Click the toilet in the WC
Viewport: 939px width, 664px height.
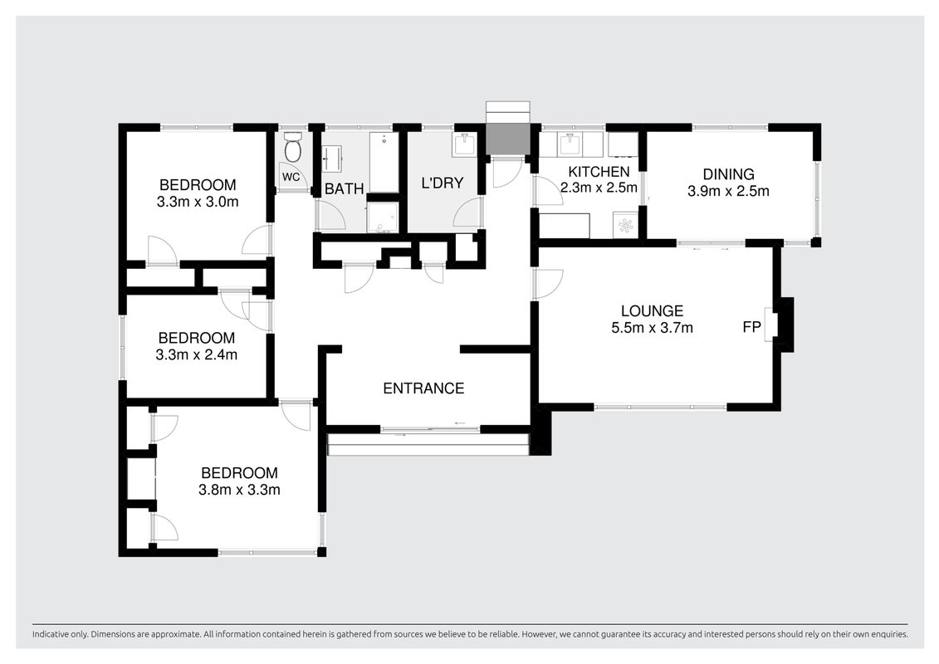tap(293, 147)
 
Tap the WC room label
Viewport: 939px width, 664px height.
tap(291, 178)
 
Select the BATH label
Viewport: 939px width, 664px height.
tap(345, 189)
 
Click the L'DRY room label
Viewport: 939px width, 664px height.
tap(443, 183)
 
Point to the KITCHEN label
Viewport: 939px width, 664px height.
tap(599, 173)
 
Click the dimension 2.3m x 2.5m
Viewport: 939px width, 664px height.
tap(599, 188)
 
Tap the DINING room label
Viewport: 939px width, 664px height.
tap(728, 174)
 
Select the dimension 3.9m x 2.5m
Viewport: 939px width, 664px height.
tap(728, 192)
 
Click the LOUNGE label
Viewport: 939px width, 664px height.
tap(652, 310)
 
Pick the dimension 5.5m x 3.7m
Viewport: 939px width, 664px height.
tap(652, 328)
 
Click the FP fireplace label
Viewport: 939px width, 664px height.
tap(751, 327)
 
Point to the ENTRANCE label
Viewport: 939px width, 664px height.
tap(424, 388)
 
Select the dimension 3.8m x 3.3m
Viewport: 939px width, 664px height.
tap(240, 490)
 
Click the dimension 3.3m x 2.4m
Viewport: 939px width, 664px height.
tap(197, 354)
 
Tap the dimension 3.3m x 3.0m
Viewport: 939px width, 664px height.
tap(198, 202)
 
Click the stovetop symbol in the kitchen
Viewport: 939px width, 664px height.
tap(625, 225)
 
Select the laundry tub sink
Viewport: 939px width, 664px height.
tap(465, 144)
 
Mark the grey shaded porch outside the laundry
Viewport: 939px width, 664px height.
tap(508, 139)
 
